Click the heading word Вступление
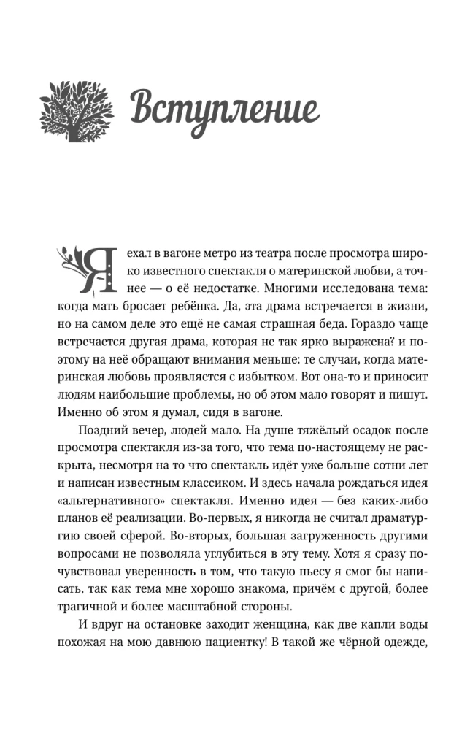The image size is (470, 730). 225,109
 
